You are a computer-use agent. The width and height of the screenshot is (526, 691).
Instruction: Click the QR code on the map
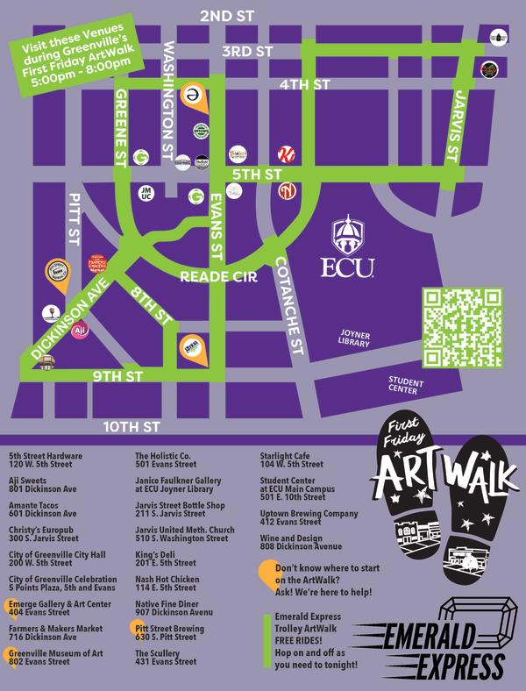coord(462,326)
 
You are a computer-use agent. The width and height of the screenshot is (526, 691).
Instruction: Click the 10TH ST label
coord(131,427)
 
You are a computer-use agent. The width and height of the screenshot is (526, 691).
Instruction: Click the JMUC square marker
coord(147,193)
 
